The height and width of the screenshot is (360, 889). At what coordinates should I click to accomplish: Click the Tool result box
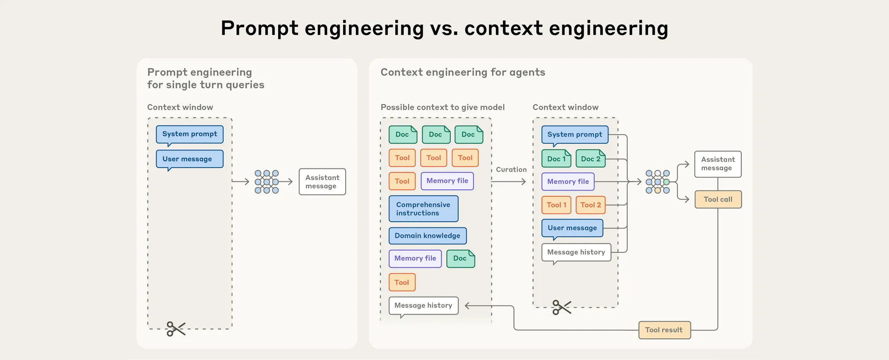pos(664,330)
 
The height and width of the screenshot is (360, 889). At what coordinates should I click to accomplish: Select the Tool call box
pos(718,200)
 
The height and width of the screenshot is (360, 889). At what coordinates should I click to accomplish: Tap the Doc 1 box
pos(556,159)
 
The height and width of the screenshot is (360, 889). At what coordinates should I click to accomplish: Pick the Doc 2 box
pos(590,159)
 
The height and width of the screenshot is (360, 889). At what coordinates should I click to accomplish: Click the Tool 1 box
pos(556,205)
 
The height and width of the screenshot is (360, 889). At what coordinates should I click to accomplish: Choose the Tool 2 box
pos(590,205)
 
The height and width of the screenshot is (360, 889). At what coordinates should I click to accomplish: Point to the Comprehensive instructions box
pos(423,209)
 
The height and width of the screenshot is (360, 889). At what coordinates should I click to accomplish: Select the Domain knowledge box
pos(427,236)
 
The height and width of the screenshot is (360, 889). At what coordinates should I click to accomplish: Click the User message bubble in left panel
pos(189,159)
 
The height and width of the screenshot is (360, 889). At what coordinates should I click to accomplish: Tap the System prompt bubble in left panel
pos(189,134)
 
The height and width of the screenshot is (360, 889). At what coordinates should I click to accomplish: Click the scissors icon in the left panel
pos(176,329)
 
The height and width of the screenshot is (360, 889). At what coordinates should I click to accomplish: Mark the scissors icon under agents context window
pos(561,307)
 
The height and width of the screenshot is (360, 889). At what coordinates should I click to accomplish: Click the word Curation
pos(511,169)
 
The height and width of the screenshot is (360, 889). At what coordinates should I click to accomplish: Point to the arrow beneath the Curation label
pos(509,181)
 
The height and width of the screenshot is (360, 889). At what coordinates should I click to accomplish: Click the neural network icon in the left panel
pos(266,182)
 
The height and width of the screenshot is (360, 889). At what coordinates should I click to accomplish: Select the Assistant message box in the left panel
pos(322,182)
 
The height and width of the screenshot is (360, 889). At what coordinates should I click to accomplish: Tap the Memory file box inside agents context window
pos(568,181)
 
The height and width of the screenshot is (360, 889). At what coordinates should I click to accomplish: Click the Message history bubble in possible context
pos(423,305)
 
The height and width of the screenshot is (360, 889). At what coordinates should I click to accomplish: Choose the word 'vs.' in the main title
pos(444,28)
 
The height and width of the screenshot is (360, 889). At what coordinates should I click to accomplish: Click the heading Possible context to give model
pos(442,107)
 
